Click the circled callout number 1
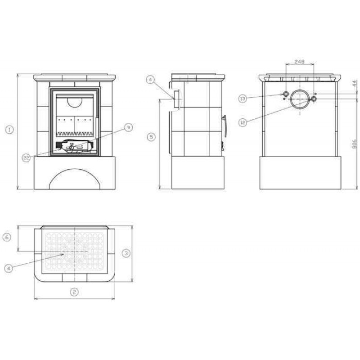click(9, 130)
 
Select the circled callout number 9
click(129, 127)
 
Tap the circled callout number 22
click(27, 158)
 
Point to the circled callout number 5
click(151, 137)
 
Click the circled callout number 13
click(243, 99)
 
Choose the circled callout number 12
click(243, 122)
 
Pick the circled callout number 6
click(7, 237)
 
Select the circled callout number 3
click(126, 253)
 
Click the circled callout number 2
click(74, 292)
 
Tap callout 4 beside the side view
click(150, 80)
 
